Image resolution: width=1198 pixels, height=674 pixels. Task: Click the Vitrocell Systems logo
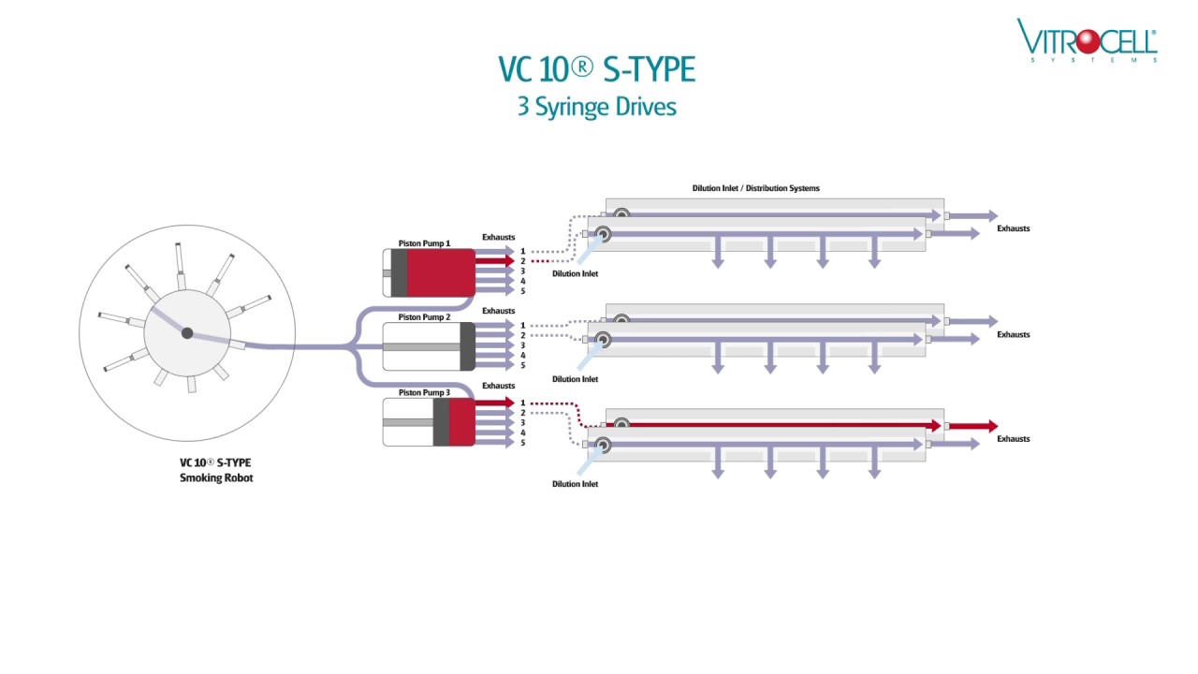tap(1087, 41)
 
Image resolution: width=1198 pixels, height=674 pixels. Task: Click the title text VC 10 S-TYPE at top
tap(596, 70)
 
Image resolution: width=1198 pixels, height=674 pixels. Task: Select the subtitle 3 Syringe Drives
tap(596, 107)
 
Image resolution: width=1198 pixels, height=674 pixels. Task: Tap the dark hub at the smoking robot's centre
tap(187, 333)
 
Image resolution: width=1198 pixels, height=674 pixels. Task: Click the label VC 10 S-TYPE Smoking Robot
tap(215, 470)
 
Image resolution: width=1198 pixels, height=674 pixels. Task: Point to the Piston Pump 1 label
tap(424, 243)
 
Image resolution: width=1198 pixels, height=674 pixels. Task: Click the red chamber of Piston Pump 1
tap(441, 272)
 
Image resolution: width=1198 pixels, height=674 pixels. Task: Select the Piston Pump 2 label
tap(424, 317)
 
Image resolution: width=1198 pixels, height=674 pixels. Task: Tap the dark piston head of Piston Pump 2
tap(467, 346)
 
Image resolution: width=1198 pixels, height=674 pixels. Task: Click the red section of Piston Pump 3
tap(461, 423)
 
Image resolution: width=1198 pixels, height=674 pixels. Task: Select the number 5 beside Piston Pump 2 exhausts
tap(523, 366)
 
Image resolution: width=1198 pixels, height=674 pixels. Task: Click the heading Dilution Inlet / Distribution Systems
tap(755, 188)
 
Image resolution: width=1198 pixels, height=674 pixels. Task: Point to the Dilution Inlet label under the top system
tap(575, 273)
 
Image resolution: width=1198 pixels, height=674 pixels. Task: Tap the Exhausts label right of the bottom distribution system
tap(1013, 439)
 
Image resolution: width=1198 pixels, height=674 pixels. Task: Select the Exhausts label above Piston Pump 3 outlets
tap(498, 386)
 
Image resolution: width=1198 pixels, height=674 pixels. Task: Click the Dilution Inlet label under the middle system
tap(575, 379)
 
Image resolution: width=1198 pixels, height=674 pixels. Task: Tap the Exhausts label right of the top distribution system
tap(1013, 228)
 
